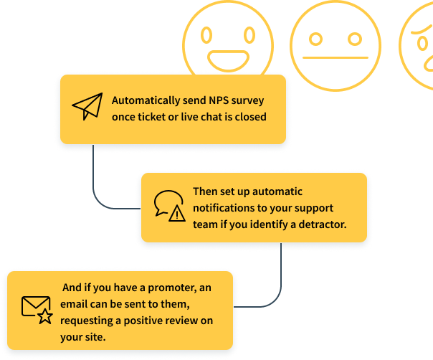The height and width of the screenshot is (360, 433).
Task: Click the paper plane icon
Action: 87,107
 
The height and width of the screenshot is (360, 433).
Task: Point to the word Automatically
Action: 143,100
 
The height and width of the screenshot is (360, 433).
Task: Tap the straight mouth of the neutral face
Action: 335,57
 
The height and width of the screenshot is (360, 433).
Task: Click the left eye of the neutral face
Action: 316,38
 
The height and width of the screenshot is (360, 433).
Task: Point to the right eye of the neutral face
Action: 353,38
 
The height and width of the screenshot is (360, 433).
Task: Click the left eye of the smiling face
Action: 207,34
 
